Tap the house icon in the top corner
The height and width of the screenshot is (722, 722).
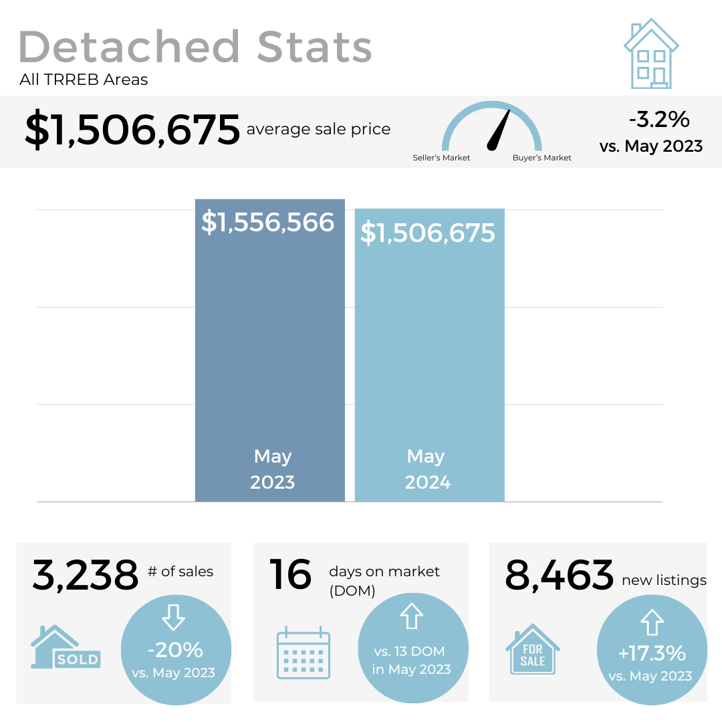point(651,55)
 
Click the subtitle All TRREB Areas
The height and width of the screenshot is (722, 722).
point(84,80)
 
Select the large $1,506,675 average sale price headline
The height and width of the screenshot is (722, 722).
point(132,130)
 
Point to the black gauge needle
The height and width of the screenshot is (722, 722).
point(499,130)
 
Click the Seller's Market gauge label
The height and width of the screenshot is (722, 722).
point(441,158)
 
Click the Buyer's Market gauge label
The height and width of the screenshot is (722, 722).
point(541,158)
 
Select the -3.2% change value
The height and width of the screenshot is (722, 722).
point(658,120)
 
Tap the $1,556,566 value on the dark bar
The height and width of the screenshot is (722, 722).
point(268,222)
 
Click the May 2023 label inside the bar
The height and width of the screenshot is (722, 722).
point(272,469)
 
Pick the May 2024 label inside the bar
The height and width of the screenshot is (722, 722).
point(427,469)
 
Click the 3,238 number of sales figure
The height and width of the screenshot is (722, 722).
point(85,575)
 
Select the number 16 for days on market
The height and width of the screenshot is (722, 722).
point(291,575)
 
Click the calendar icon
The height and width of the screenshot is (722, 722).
point(304,652)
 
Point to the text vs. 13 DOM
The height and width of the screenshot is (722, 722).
point(410,651)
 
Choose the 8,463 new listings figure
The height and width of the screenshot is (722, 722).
point(559,575)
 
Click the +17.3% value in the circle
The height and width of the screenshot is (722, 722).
point(651,652)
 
